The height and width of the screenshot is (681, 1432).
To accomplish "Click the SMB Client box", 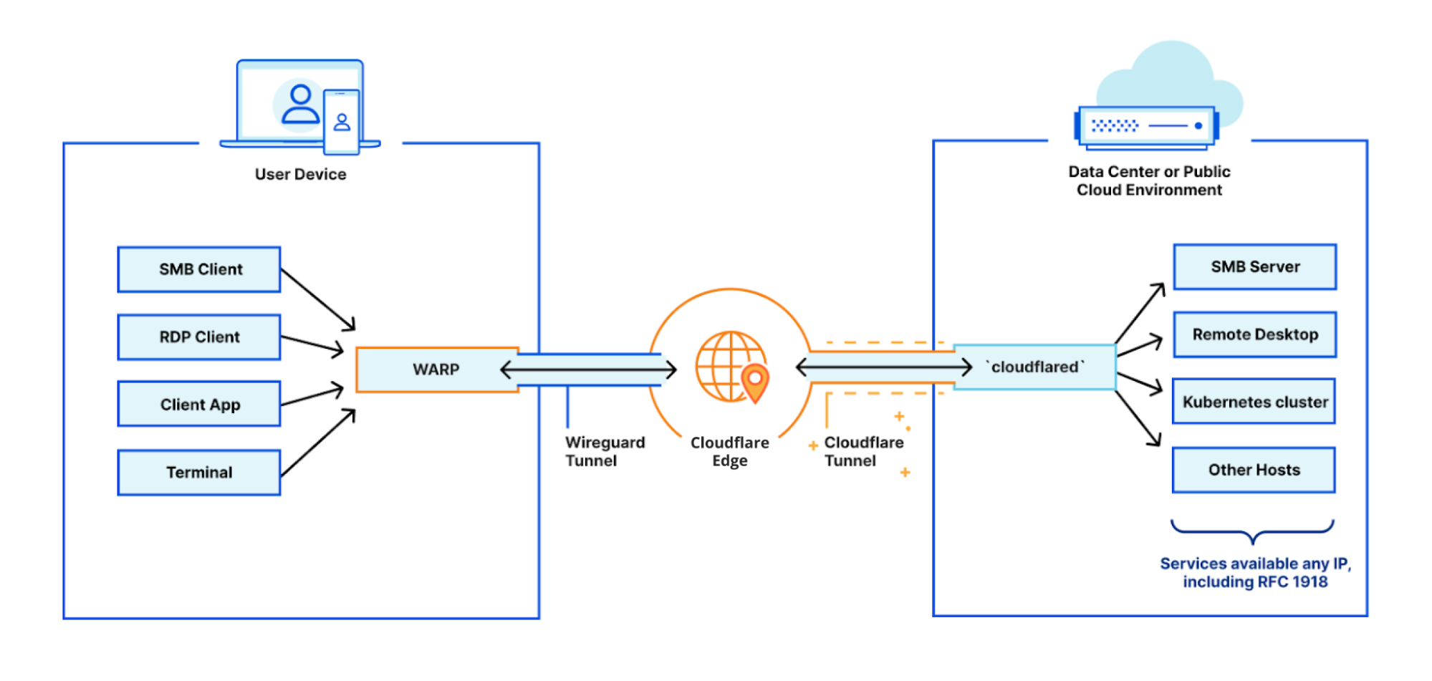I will pos(199,269).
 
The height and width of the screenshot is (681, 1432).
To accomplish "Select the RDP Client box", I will pos(199,337).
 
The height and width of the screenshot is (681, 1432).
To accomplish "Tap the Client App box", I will pos(199,405).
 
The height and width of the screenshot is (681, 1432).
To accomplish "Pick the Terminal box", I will pos(199,472).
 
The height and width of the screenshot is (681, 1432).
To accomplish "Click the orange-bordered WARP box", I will pos(436,370).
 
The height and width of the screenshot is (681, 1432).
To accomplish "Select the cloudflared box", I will pos(1034,367).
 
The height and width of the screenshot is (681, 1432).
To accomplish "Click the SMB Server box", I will pos(1254,267).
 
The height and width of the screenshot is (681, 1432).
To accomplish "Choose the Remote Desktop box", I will pos(1254,334).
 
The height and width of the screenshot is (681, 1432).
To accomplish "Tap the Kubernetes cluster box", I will pos(1254,402).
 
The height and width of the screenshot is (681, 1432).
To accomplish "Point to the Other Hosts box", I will pos(1254,470).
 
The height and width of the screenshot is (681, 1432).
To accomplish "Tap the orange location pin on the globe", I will pos(754,382).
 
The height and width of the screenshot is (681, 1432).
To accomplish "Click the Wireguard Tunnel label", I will pos(604,451).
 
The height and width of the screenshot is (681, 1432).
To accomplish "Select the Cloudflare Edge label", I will pos(729,451).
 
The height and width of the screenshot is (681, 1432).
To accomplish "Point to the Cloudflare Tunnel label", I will pos(863,451).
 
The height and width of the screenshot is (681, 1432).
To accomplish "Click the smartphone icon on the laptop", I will pos(341,122).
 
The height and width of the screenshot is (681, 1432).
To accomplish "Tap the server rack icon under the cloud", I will pos(1146,127).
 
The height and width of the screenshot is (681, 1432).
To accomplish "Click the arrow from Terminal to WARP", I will pos(318,443).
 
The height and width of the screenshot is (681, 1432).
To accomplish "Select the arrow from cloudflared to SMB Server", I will pos(1140,313).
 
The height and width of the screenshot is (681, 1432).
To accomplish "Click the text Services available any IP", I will pos(1254,564).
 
